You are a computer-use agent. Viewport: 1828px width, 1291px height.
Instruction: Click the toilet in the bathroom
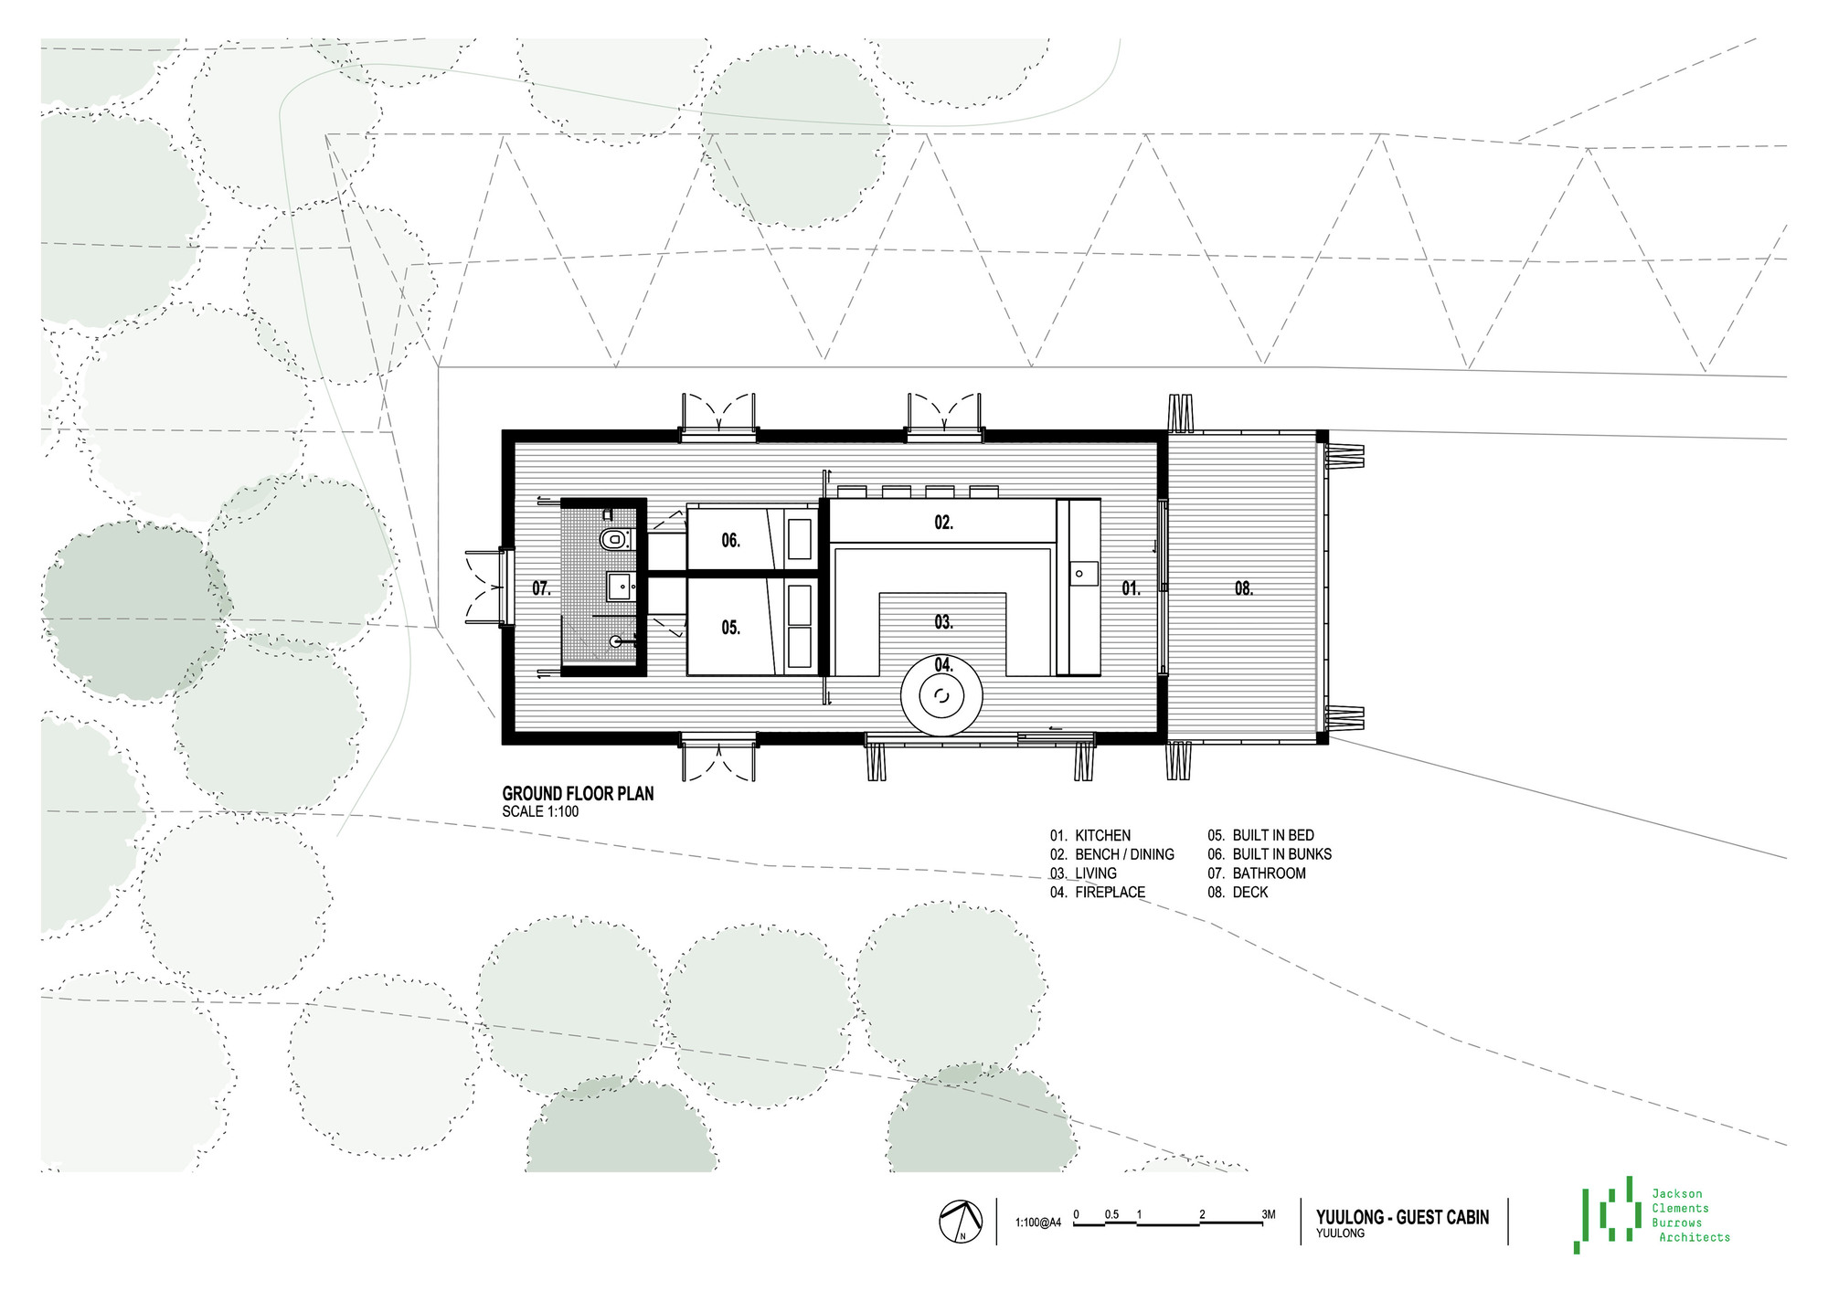coord(614,539)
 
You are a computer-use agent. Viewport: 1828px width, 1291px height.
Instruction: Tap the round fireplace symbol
coord(942,697)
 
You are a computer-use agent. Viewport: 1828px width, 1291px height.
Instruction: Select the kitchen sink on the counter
coord(1079,574)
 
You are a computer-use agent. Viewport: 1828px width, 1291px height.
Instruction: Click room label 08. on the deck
coord(1244,588)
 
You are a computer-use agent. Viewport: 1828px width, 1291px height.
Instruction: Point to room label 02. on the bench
coord(944,523)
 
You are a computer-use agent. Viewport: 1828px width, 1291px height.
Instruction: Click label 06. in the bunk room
coord(730,541)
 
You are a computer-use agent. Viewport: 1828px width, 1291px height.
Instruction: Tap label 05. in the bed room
coord(730,628)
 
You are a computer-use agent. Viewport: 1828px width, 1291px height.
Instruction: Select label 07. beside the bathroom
coord(542,588)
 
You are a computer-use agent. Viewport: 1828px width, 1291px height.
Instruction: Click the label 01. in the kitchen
coord(1132,588)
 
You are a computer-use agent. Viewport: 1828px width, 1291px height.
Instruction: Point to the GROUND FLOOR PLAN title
coord(579,794)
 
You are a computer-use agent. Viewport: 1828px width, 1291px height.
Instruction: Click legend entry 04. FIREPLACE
coord(1098,893)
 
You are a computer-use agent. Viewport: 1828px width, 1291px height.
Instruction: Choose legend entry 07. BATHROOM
coord(1257,873)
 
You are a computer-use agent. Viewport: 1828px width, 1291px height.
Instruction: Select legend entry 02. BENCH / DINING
coord(1112,854)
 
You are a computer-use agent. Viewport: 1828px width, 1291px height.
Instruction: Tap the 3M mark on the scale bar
coord(1269,1214)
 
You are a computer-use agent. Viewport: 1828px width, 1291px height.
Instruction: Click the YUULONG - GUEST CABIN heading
coord(1403,1217)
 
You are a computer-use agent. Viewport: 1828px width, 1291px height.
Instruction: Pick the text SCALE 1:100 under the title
coord(540,811)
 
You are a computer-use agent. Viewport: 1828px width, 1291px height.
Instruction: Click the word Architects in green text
coord(1695,1237)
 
